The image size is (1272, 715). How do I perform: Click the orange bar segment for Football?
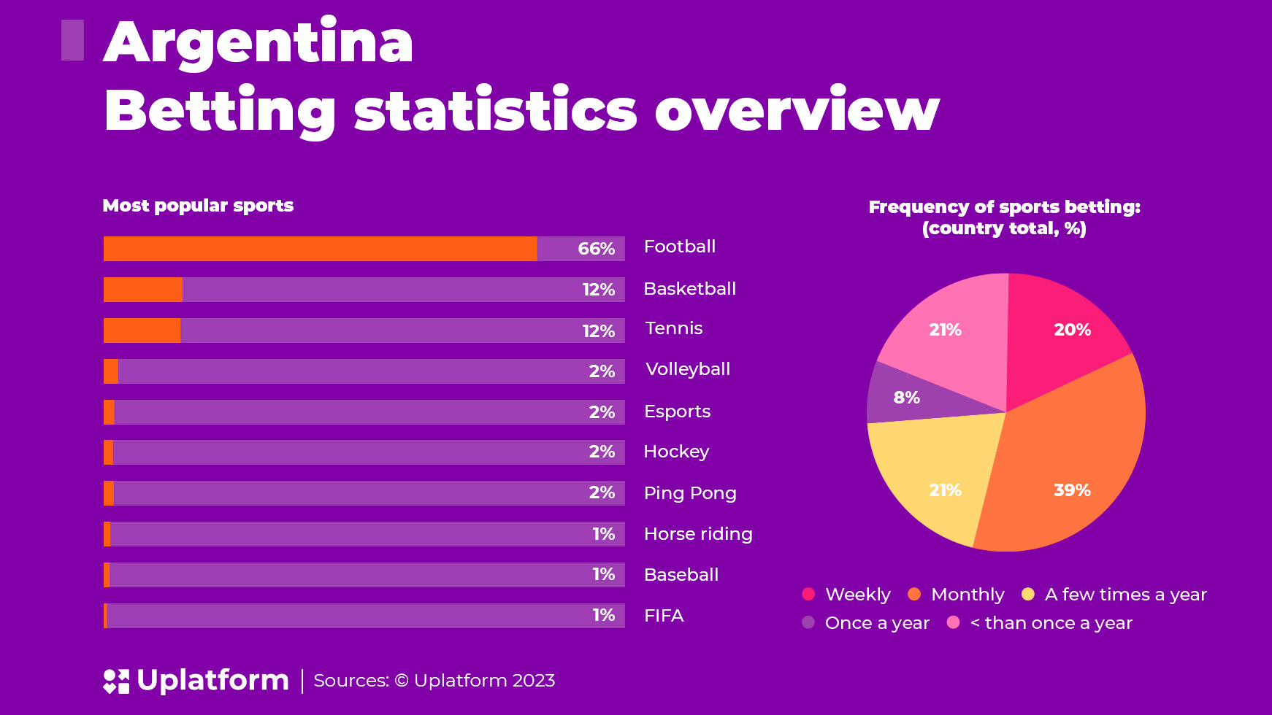320,249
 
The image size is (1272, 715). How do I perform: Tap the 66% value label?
596,249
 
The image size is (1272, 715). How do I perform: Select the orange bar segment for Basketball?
143,290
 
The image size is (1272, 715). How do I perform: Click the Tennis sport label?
674,328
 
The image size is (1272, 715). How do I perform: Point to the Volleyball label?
688,369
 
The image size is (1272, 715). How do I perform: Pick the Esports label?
677,411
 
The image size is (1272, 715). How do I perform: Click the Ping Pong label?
690,493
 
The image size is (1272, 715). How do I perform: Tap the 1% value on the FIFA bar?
603,615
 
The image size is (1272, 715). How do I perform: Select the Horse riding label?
698,534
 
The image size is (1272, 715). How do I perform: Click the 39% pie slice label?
1072,490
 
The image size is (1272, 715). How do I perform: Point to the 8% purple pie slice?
905,398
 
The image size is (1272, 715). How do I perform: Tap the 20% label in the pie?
1072,330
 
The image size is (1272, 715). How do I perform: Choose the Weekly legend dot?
808,594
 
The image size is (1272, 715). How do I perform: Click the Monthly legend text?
968,595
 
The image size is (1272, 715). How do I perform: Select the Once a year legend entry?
876,623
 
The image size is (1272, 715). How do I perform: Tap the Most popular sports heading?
198,206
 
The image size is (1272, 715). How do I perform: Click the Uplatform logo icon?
116,681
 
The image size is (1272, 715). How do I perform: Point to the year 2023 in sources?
534,681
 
